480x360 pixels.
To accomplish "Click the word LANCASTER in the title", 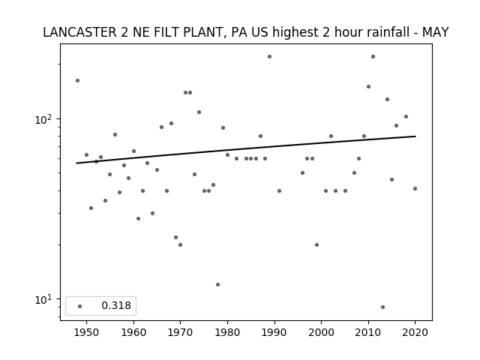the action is coord(79,32).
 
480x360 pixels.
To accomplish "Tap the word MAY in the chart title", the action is coord(435,32).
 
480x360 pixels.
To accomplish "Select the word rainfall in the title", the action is coord(377,32).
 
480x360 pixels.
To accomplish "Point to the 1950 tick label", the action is coord(87,332).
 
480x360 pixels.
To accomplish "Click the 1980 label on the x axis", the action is coord(227,332).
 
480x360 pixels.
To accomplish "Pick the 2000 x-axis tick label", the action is coord(322,332).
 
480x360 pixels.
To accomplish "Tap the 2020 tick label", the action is coord(415,332).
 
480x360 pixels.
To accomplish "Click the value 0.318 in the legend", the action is coord(116,305).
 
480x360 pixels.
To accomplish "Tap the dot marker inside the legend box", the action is coord(80,306).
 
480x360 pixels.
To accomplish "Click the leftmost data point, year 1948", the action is coord(77,80).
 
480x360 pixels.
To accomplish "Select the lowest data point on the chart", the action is coord(382,307).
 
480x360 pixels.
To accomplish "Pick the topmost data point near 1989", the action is coord(269,57).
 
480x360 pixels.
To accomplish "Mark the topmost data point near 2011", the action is coord(373,57).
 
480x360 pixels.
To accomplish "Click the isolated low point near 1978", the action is coord(217,285).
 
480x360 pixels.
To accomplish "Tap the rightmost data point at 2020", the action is coord(415,188).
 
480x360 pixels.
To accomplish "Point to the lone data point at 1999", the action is coord(316,245).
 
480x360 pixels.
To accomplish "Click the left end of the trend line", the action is coord(76,163).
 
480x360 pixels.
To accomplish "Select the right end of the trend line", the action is coord(415,136).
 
